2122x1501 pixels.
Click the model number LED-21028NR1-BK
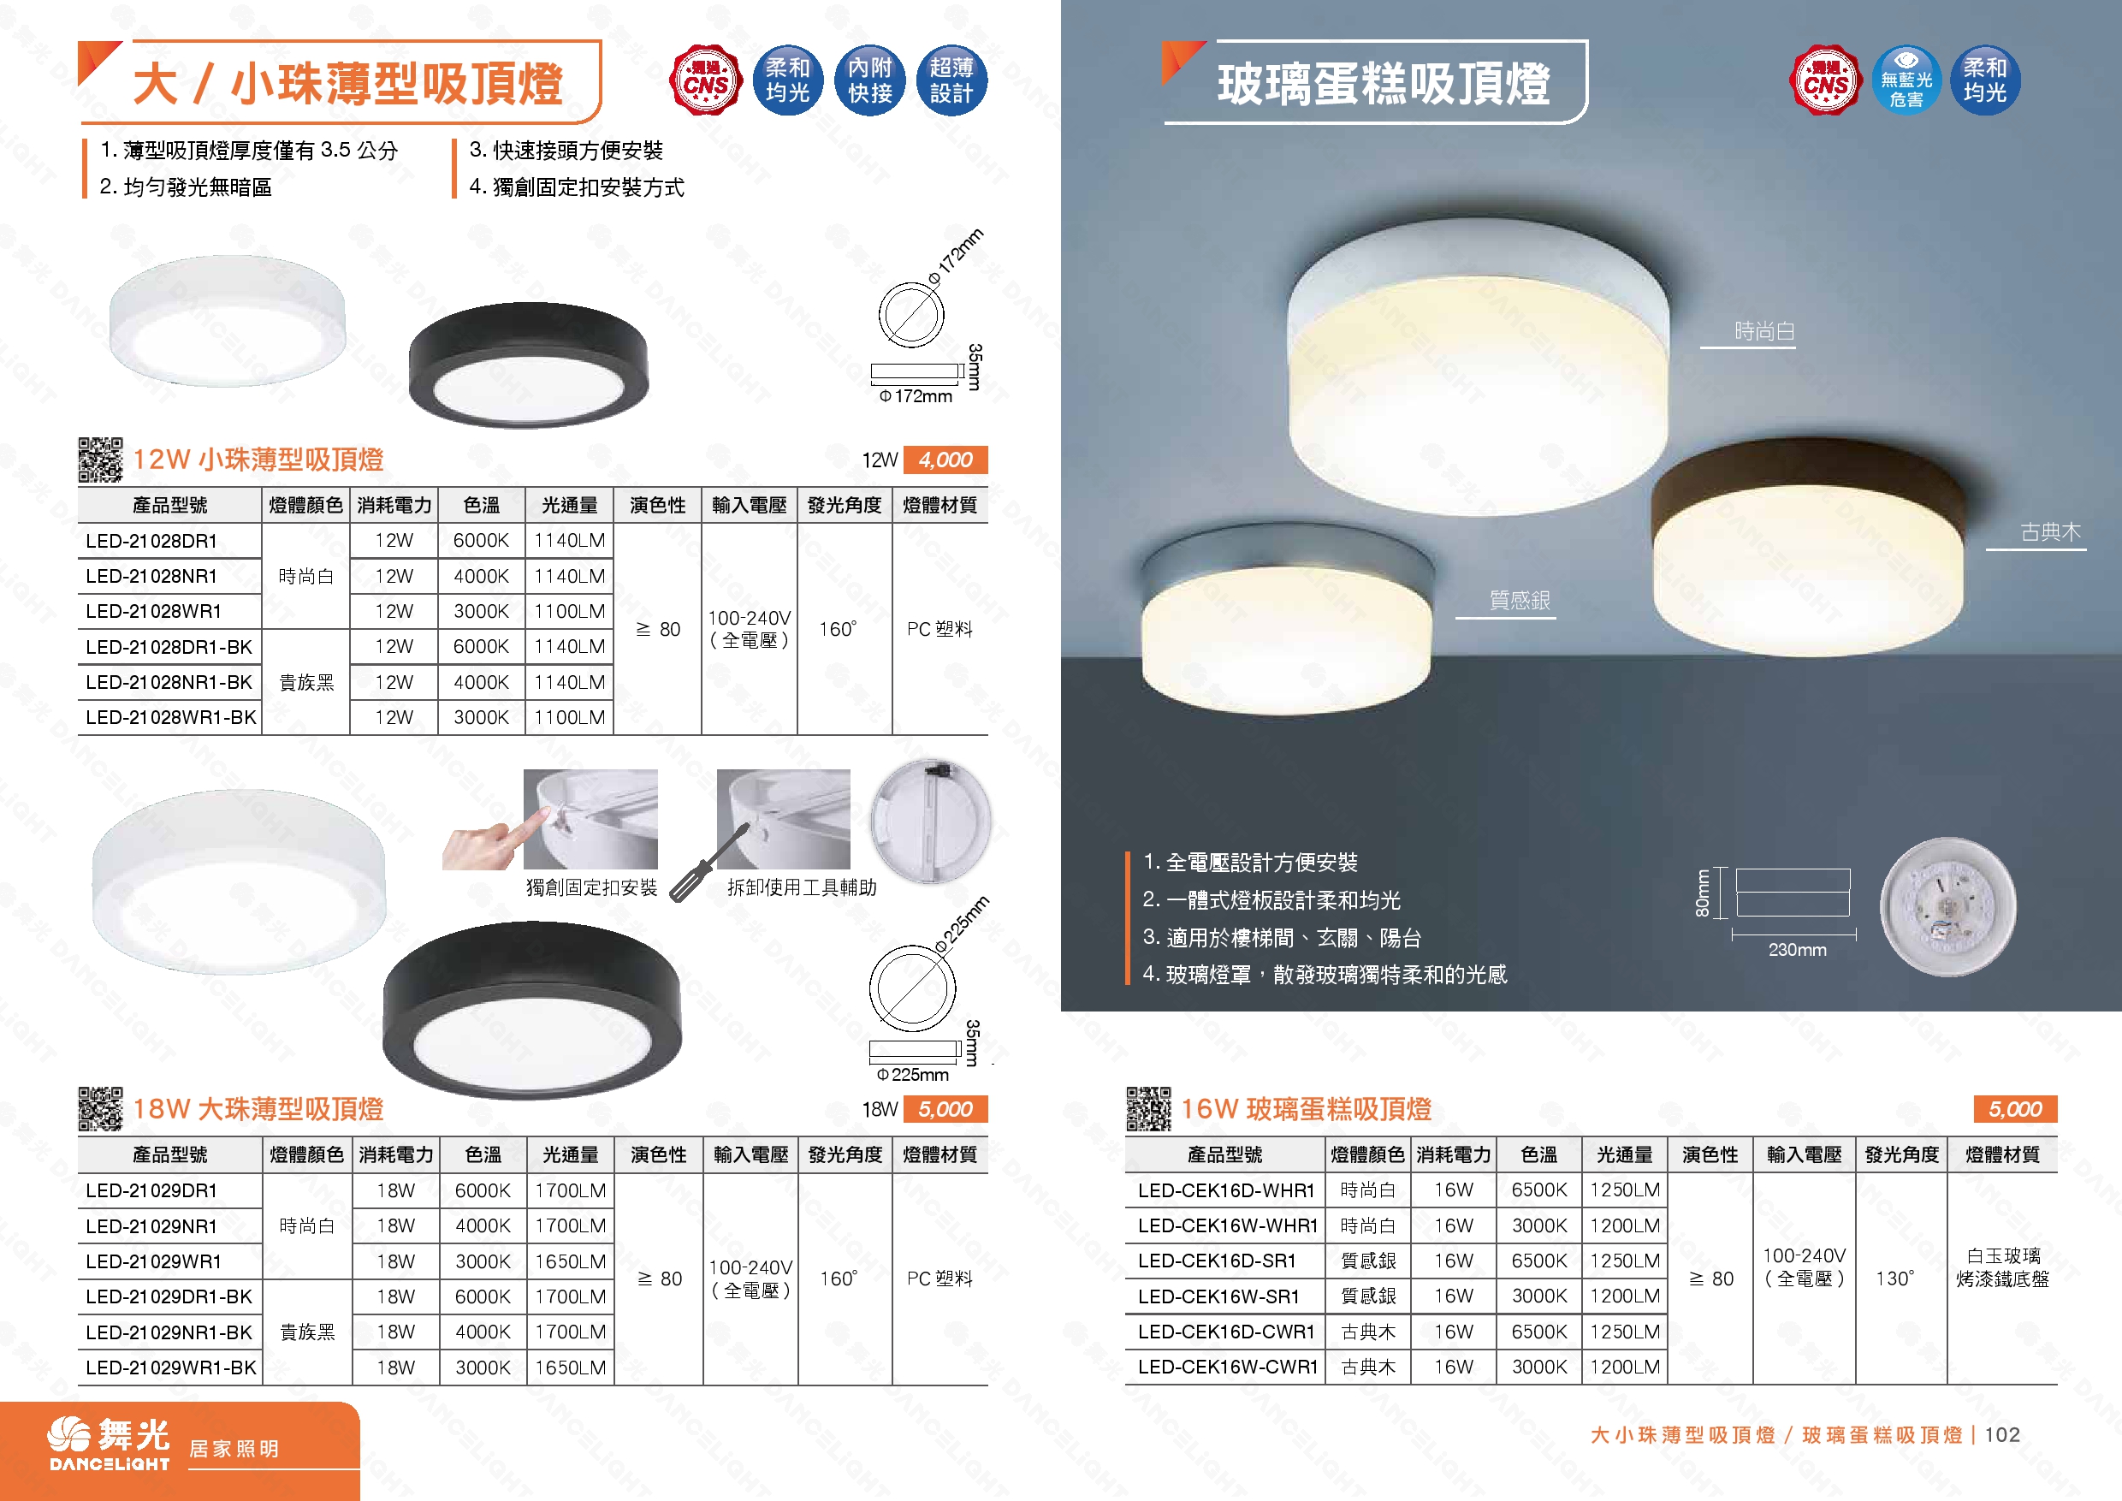tap(169, 682)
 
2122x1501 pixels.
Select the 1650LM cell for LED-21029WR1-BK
tap(570, 1367)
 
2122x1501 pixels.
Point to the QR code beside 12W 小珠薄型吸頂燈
tap(100, 460)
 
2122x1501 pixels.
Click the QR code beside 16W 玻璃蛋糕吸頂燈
tap(1148, 1108)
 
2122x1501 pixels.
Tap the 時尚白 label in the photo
tap(1763, 331)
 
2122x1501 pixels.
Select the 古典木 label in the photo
tap(2050, 532)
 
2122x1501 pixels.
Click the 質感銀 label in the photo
tap(1519, 601)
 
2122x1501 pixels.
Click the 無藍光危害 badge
tap(1906, 81)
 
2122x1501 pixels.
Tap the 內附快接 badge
tap(869, 80)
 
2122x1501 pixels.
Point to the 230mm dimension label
tap(1797, 949)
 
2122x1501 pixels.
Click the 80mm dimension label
tap(1702, 893)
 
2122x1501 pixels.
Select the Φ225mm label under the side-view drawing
tap(913, 1074)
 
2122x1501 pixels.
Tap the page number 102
tap(2002, 1434)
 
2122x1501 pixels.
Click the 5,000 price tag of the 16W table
tap(2015, 1108)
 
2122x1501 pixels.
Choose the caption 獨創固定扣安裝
tap(591, 887)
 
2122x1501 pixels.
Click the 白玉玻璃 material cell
tap(2002, 1256)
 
